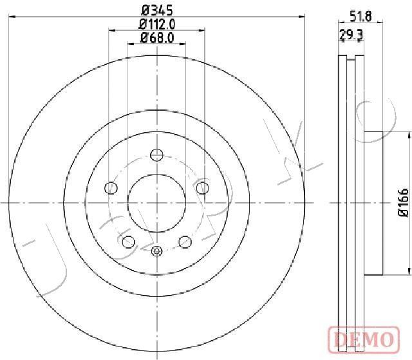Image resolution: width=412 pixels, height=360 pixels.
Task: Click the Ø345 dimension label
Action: [x=157, y=10]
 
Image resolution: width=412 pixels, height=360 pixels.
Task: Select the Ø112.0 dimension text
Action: [x=157, y=24]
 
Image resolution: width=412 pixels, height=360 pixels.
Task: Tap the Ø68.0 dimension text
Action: [x=157, y=39]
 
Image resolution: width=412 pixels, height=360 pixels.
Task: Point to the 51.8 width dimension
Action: [x=360, y=17]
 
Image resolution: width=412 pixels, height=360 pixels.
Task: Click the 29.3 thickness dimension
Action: [x=351, y=34]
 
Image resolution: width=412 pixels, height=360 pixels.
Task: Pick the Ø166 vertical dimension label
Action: [x=404, y=203]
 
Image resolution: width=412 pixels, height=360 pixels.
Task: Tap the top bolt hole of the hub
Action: [x=156, y=155]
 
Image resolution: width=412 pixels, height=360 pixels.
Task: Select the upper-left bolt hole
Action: [x=111, y=187]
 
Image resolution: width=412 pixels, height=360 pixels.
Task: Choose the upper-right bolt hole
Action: [x=203, y=187]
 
